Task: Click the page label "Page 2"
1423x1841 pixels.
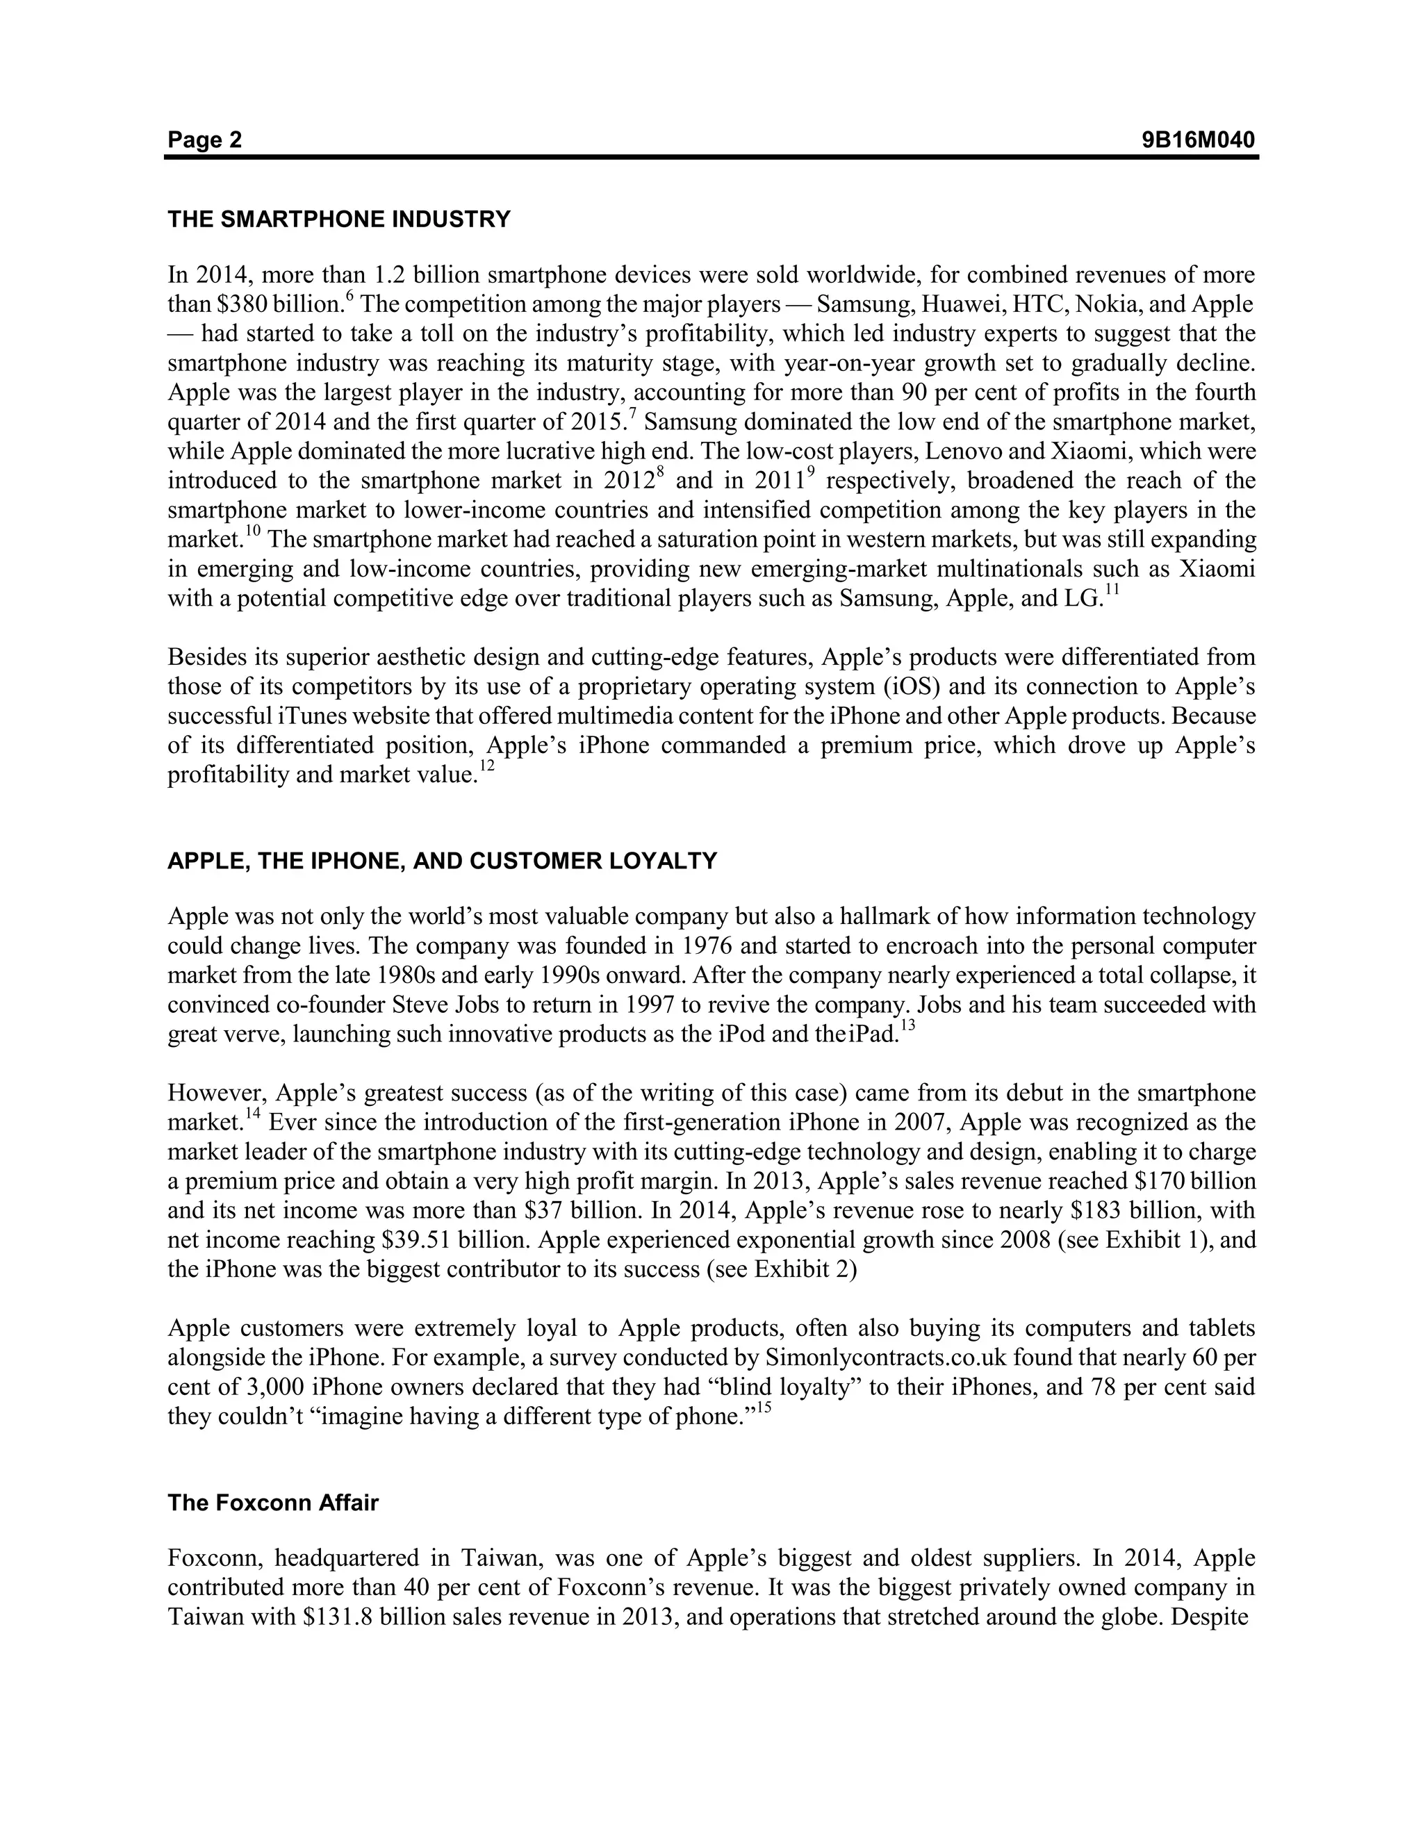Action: click(x=204, y=140)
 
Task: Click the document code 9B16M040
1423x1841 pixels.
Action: click(x=1198, y=140)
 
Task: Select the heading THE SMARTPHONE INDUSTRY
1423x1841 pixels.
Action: click(x=339, y=220)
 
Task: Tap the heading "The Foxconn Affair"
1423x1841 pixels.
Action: click(x=273, y=1503)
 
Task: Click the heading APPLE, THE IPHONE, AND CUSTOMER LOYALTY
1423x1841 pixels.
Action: click(x=442, y=861)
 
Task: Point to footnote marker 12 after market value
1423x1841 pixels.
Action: click(x=487, y=766)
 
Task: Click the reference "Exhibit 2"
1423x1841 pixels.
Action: click(x=804, y=1269)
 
